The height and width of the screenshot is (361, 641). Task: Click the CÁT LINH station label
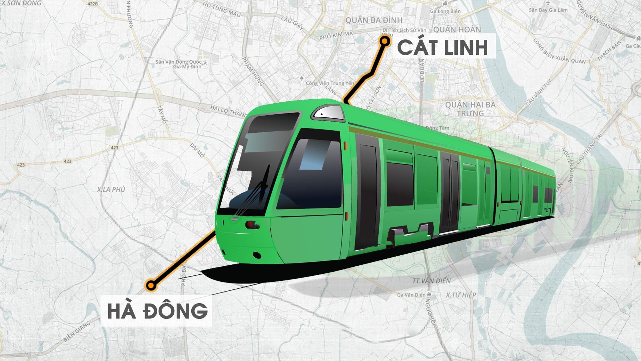pos(443,47)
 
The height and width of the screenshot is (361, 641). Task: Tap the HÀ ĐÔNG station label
pos(157,310)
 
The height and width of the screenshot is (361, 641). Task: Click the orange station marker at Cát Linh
pos(385,41)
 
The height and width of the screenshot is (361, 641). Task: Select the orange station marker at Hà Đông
pos(151,285)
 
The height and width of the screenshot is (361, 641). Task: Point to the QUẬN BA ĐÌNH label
pos(374,20)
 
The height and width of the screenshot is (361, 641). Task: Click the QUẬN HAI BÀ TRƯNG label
pos(470,109)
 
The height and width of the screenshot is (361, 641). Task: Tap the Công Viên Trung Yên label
pos(330,83)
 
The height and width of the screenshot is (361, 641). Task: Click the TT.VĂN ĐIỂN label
pos(431,281)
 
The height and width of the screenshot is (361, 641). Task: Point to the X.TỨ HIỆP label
pos(461,295)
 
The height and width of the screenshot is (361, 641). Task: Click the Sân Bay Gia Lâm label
pos(548,10)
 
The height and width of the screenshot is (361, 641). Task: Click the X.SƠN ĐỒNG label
pos(21,3)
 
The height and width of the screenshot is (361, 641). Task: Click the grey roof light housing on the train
pos(328,112)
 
